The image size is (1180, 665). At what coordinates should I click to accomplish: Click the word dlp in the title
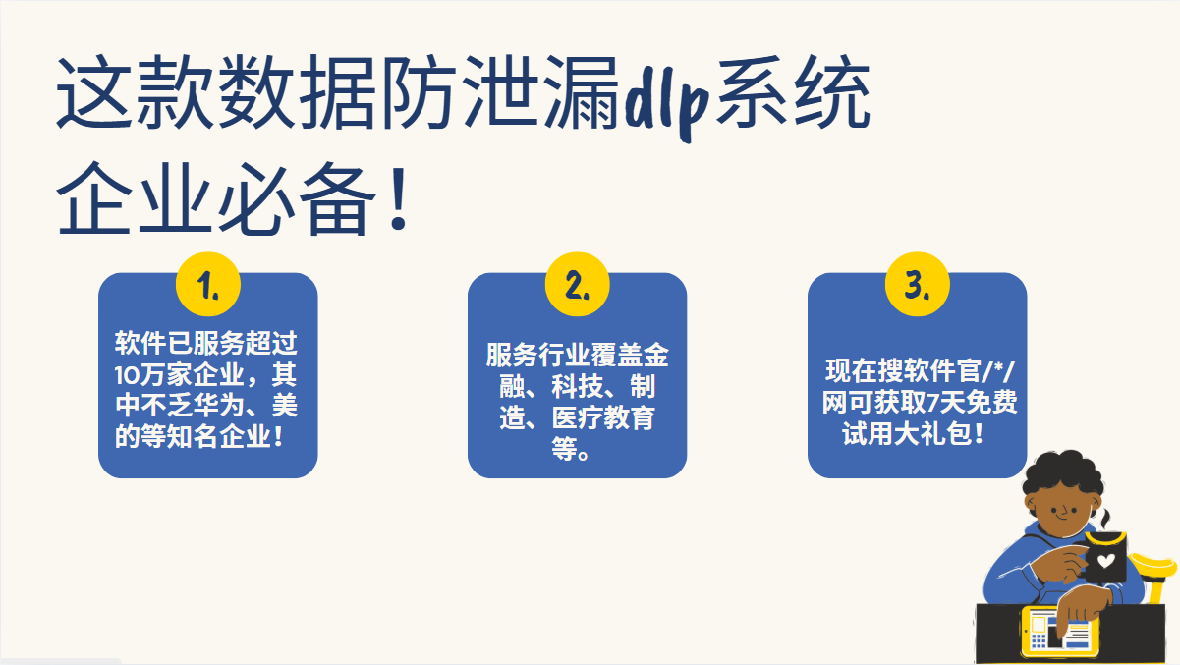pos(666,98)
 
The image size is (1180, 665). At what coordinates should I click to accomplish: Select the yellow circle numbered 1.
pos(208,284)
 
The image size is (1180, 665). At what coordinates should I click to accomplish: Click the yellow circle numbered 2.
pos(578,284)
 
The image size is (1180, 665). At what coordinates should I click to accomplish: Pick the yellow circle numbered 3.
pos(917,284)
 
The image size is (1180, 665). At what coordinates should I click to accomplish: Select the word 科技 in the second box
pos(578,386)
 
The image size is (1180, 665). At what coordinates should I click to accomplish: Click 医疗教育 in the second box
pos(603,418)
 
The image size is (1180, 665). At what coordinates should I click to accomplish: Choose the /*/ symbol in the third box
pos(997,371)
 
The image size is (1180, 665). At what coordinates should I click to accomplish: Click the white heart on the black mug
pos(1105,561)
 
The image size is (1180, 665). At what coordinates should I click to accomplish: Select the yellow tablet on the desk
pos(1060,631)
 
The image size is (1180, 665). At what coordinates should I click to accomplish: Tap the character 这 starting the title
pos(93,92)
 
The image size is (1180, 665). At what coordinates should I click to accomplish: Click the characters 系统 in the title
pos(793,92)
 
